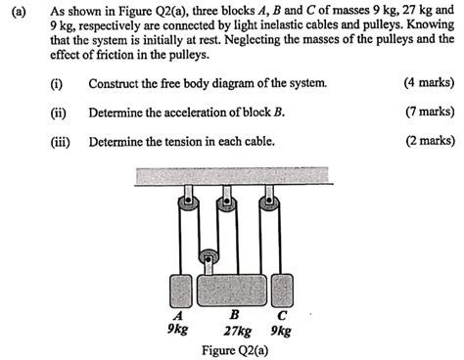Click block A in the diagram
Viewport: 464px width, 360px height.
coord(180,291)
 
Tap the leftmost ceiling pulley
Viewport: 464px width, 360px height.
coord(184,205)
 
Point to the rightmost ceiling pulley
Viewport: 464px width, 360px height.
coord(267,205)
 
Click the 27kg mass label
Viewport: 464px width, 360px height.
coord(238,331)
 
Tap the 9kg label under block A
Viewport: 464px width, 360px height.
coord(177,331)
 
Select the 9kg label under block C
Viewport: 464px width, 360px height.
coord(281,331)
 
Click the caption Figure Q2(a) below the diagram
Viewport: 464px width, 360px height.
coord(234,349)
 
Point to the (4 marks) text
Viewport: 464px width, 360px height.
coord(429,83)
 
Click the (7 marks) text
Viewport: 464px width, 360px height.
coord(429,112)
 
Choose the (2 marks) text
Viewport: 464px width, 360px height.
coord(429,140)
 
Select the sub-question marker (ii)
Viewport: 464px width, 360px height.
coord(60,112)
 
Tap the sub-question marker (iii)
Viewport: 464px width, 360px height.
coord(62,140)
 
